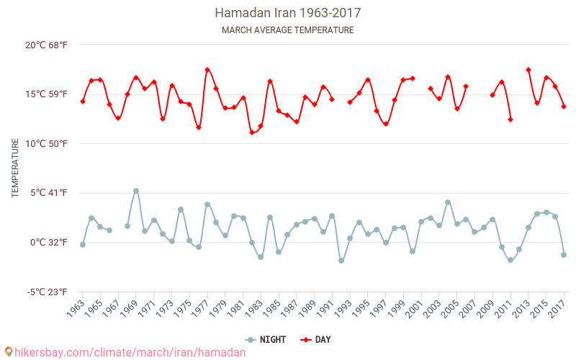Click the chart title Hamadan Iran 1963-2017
pyautogui.click(x=287, y=13)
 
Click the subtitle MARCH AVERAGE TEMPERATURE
pyautogui.click(x=287, y=30)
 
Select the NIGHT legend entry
pyautogui.click(x=266, y=340)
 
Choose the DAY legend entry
pyautogui.click(x=315, y=340)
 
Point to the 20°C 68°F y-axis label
pyautogui.click(x=46, y=45)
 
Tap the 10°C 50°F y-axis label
pyautogui.click(x=46, y=143)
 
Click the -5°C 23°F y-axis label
pyautogui.click(x=47, y=292)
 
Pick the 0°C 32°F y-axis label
pyautogui.click(x=49, y=243)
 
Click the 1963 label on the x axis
pyautogui.click(x=76, y=309)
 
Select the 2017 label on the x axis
pyautogui.click(x=557, y=309)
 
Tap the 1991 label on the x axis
pyautogui.click(x=325, y=309)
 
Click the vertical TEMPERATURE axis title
pyautogui.click(x=15, y=168)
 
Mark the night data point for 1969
pyautogui.click(x=136, y=191)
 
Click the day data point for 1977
pyautogui.click(x=207, y=70)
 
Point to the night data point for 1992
pyautogui.click(x=341, y=261)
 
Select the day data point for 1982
pyautogui.click(x=252, y=132)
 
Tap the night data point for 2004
pyautogui.click(x=448, y=202)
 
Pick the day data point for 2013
pyautogui.click(x=528, y=70)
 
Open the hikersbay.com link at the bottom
pyautogui.click(x=130, y=353)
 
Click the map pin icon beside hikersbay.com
pyautogui.click(x=9, y=352)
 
